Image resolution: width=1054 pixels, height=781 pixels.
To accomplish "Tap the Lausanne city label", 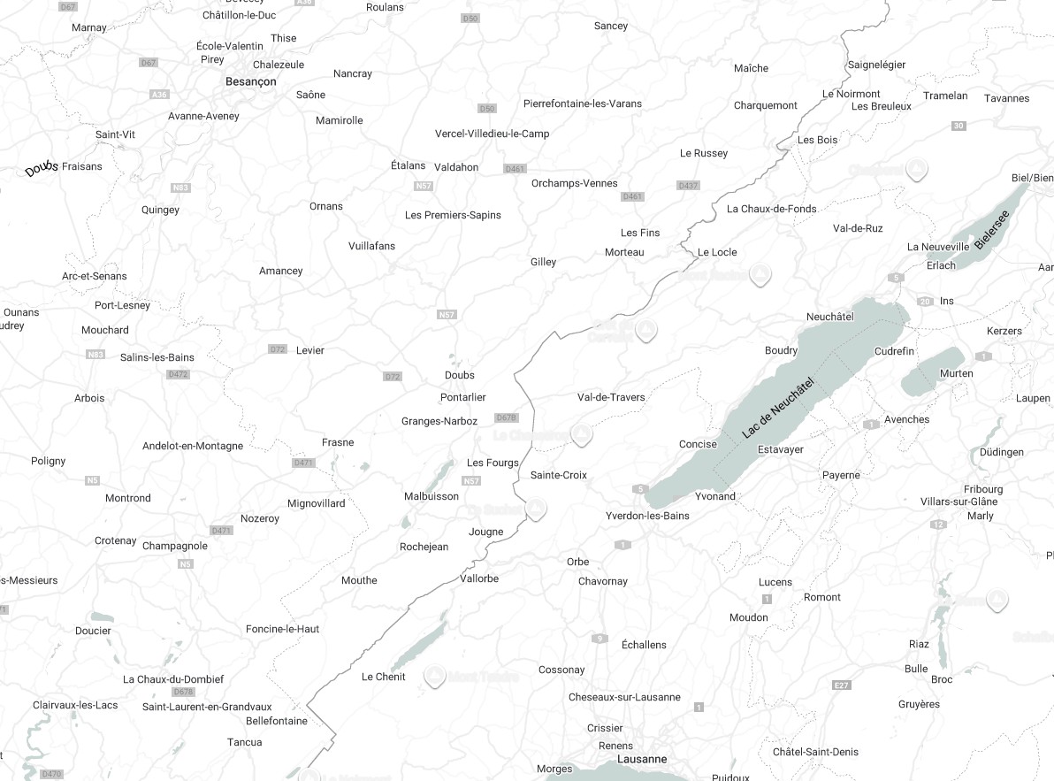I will [x=643, y=759].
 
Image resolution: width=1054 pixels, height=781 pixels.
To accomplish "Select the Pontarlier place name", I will [x=463, y=397].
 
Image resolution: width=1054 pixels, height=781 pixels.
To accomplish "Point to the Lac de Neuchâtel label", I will [x=778, y=406].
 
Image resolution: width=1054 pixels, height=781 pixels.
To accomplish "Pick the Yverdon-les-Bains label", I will [x=647, y=516].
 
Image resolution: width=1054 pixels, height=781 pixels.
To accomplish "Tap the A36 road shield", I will [x=159, y=95].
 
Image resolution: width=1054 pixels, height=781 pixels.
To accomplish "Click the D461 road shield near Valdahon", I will [x=515, y=169].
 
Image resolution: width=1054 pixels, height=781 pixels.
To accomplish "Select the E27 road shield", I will [x=842, y=685].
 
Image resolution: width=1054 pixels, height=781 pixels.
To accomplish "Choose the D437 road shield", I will [x=687, y=186].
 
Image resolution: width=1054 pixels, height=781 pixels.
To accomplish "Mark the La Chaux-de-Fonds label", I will [x=772, y=209].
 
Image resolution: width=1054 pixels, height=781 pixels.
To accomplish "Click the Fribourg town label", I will [x=983, y=489].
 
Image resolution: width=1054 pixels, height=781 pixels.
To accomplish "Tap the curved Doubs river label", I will [x=42, y=168].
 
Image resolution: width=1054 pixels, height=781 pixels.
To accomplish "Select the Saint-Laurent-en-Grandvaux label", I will [x=207, y=707].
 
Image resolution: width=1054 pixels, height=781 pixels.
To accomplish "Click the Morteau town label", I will [x=624, y=252].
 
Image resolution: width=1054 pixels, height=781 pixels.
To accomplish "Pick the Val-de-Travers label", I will [x=611, y=397].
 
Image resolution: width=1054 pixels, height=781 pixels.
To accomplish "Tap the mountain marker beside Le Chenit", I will [x=434, y=677].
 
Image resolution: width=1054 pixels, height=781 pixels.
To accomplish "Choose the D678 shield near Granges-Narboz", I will [x=506, y=417].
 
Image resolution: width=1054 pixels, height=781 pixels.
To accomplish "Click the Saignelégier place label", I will [x=876, y=65].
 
